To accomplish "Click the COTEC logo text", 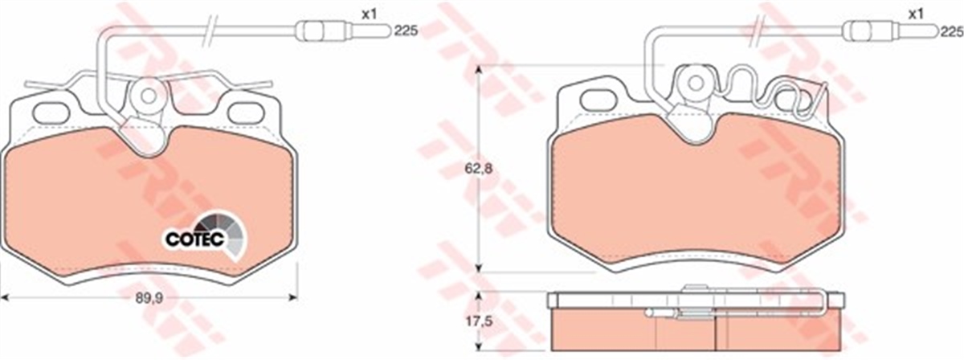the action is (194, 239).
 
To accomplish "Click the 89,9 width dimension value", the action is (149, 298).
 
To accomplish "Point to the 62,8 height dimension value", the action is (478, 169).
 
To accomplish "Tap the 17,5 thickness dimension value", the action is (478, 321).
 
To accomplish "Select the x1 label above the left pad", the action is (369, 14).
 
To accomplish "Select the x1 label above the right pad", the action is (916, 14).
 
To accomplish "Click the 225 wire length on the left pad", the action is (406, 31).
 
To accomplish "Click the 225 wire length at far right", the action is (951, 32).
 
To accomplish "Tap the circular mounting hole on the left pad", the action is (149, 96).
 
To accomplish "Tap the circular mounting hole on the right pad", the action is (695, 84).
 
